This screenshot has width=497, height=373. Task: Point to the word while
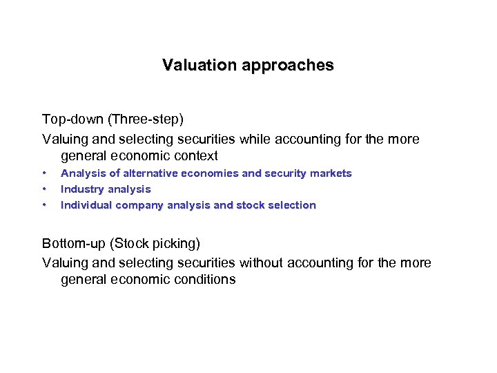(255, 139)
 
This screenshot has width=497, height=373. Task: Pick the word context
(195, 156)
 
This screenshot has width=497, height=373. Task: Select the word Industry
(82, 189)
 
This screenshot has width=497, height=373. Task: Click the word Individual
(86, 205)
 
